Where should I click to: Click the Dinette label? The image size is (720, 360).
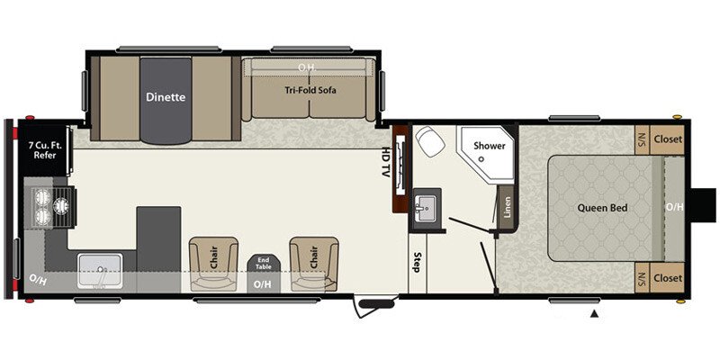(x=166, y=97)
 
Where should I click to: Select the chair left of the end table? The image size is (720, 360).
(x=213, y=260)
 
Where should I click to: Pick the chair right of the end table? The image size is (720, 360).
(x=313, y=260)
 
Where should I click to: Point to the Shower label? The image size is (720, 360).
(x=490, y=146)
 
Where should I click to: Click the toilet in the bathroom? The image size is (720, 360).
(x=427, y=142)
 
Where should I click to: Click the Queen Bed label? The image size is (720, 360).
(x=602, y=208)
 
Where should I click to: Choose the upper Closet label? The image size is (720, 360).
(x=668, y=139)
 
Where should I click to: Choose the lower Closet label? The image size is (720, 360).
(x=668, y=276)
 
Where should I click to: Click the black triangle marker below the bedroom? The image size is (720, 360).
(x=594, y=313)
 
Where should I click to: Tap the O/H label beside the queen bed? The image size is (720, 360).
(x=673, y=208)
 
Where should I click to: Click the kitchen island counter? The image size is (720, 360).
(x=158, y=238)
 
